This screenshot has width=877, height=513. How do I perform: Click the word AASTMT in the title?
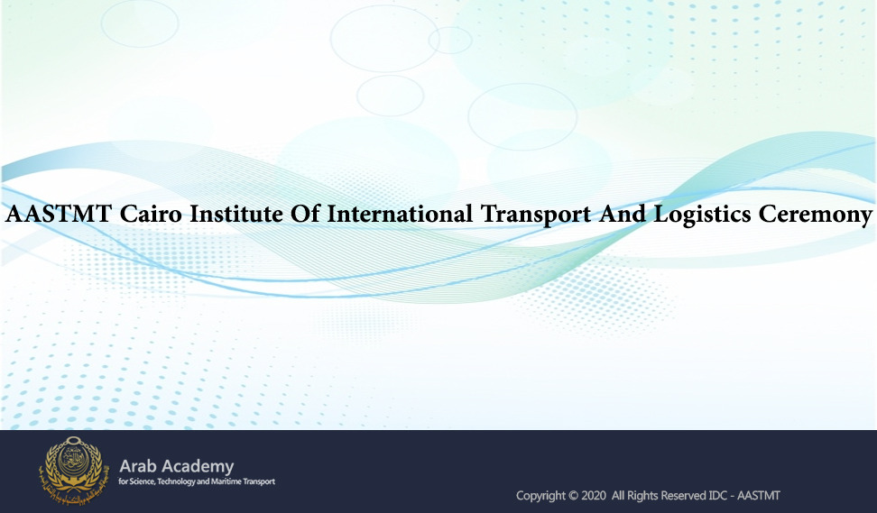click(59, 214)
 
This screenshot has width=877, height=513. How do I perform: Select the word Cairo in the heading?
click(151, 214)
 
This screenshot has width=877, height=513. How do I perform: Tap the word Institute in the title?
click(236, 214)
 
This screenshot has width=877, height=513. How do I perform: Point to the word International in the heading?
click(400, 214)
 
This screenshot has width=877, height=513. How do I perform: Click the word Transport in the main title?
click(536, 216)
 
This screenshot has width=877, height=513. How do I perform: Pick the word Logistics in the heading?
click(702, 216)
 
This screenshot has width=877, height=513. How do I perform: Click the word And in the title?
click(622, 214)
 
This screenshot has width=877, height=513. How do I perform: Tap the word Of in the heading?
click(305, 214)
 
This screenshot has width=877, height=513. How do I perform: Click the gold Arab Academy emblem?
click(72, 470)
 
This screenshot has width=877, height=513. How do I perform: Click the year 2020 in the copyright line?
click(594, 496)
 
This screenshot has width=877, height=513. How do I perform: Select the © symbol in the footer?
click(573, 496)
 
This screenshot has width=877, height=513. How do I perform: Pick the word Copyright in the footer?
click(540, 496)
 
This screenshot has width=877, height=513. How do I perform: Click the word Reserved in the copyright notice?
click(684, 496)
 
